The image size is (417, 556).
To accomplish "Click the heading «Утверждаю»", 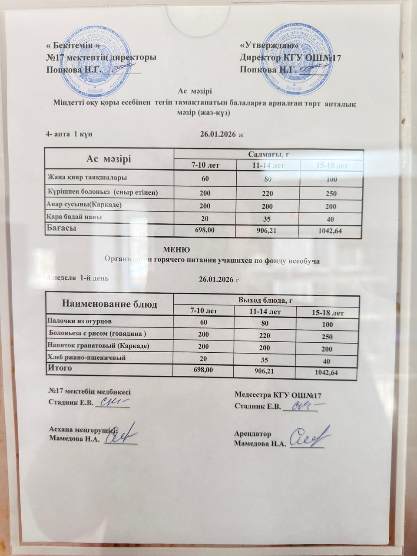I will tap(269, 45).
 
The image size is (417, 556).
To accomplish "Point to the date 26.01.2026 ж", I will tap(222, 134).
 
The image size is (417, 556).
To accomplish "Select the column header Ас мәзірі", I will tap(109, 159).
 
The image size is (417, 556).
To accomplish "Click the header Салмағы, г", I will tap(268, 154).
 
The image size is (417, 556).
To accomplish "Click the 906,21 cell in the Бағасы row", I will tap(267, 231).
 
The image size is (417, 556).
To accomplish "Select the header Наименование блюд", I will tap(110, 304).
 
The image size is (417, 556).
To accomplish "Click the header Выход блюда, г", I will tap(266, 300).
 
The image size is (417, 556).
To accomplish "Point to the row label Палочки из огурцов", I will tap(79, 321).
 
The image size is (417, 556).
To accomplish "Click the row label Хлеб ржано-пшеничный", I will tap(86, 357).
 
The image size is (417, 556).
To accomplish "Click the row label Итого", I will tap(60, 368).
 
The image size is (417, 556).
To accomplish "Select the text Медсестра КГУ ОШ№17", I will tap(278, 395).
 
